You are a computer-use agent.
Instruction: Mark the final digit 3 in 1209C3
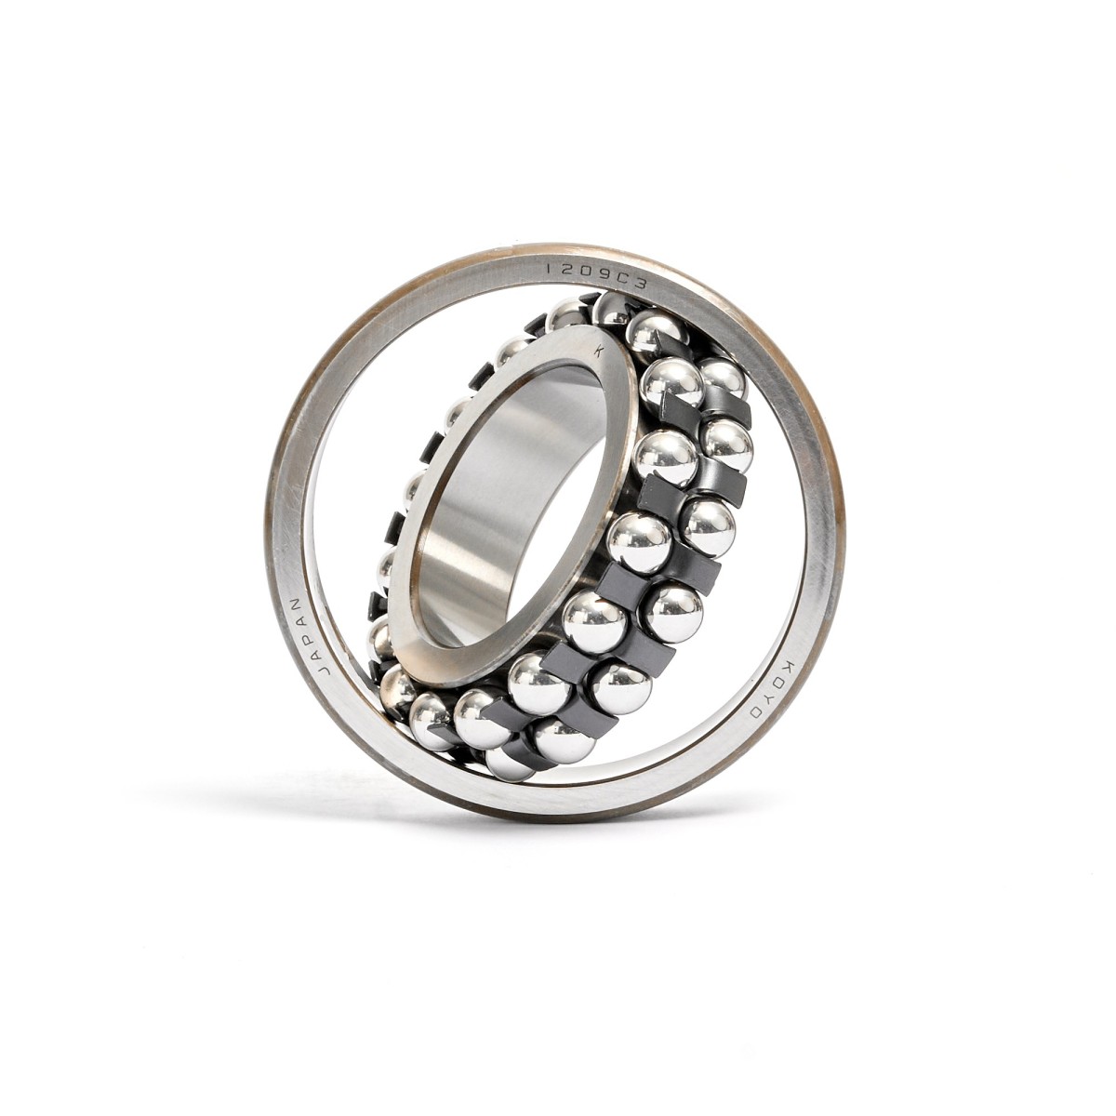640,283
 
